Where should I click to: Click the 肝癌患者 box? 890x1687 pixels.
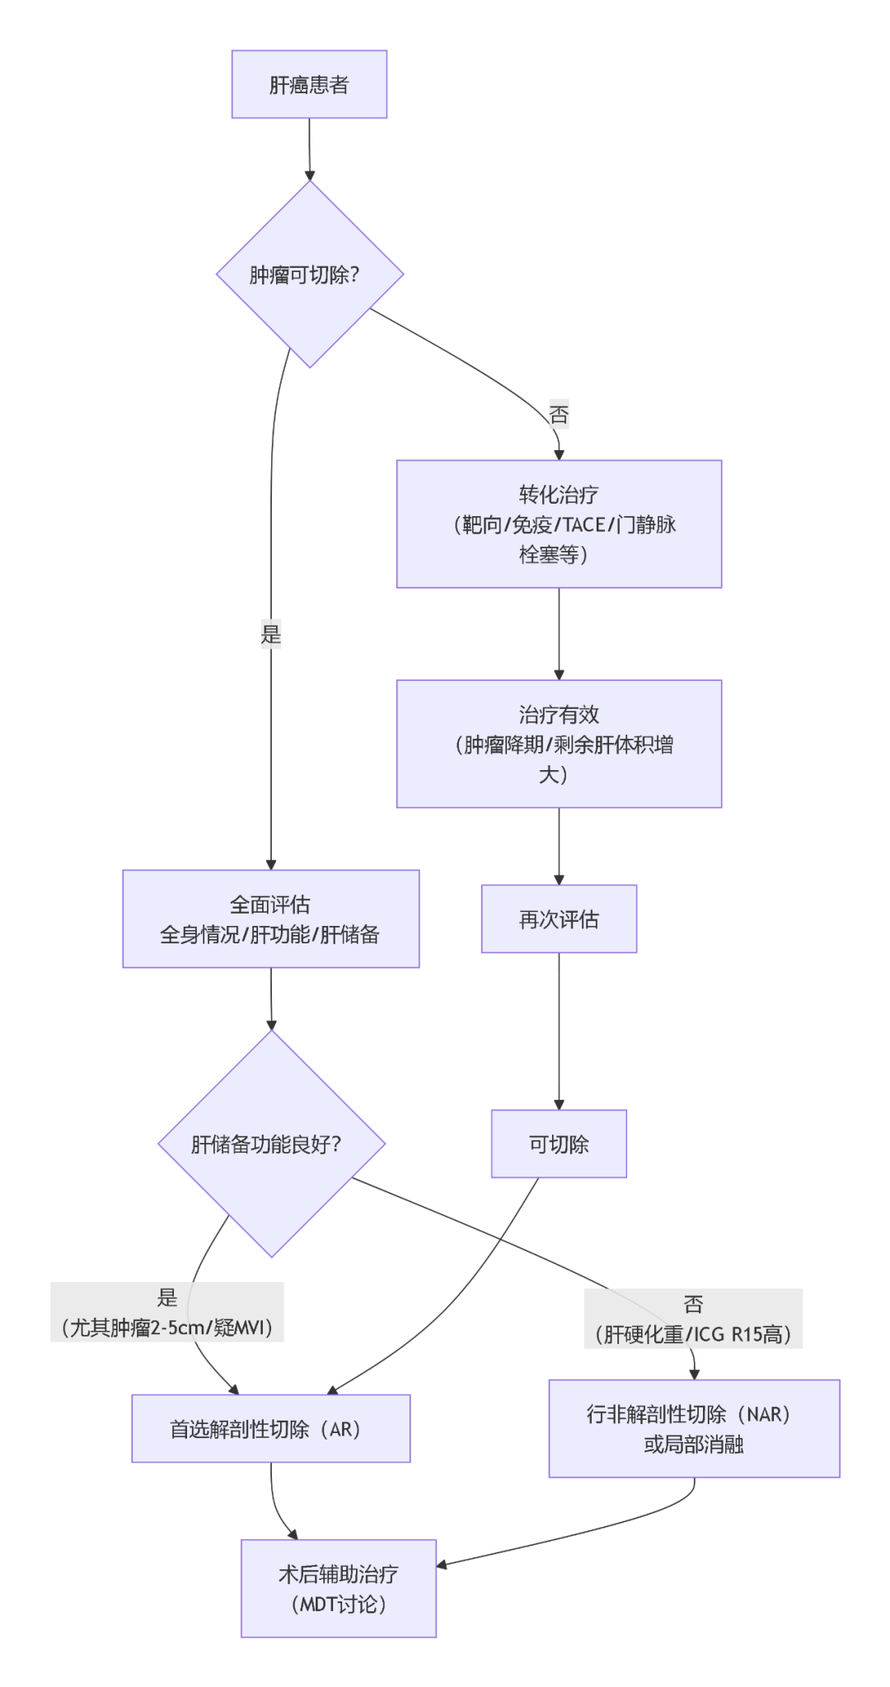(309, 84)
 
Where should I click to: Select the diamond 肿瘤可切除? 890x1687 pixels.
(309, 275)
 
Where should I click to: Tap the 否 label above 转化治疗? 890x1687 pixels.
(559, 414)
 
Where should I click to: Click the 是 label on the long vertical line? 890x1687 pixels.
(271, 634)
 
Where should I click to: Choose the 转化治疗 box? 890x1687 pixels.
(559, 524)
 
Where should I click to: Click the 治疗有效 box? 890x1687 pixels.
(559, 743)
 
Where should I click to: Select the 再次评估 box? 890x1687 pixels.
(559, 919)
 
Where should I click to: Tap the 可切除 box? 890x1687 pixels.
(559, 1144)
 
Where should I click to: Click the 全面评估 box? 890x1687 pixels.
(270, 919)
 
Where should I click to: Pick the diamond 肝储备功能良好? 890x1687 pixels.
(271, 1144)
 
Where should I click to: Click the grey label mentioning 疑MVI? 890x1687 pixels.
(167, 1312)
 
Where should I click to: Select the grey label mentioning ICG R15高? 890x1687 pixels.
(693, 1318)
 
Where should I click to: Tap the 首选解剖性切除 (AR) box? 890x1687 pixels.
(270, 1429)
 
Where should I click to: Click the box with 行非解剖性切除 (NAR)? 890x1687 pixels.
(694, 1429)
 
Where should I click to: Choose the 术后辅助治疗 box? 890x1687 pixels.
(338, 1588)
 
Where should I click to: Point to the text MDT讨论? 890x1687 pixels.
(338, 1604)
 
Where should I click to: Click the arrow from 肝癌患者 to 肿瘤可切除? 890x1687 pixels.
(309, 148)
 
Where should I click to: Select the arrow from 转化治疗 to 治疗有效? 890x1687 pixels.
(559, 633)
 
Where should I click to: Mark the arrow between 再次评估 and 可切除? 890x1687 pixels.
(559, 1031)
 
